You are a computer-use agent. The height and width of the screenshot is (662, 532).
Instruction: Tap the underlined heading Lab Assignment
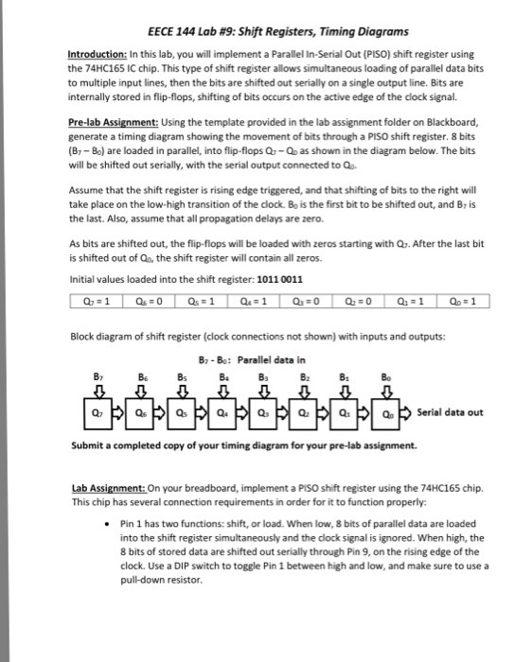(107, 487)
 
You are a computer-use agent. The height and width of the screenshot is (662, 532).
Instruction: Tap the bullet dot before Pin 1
(114, 522)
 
